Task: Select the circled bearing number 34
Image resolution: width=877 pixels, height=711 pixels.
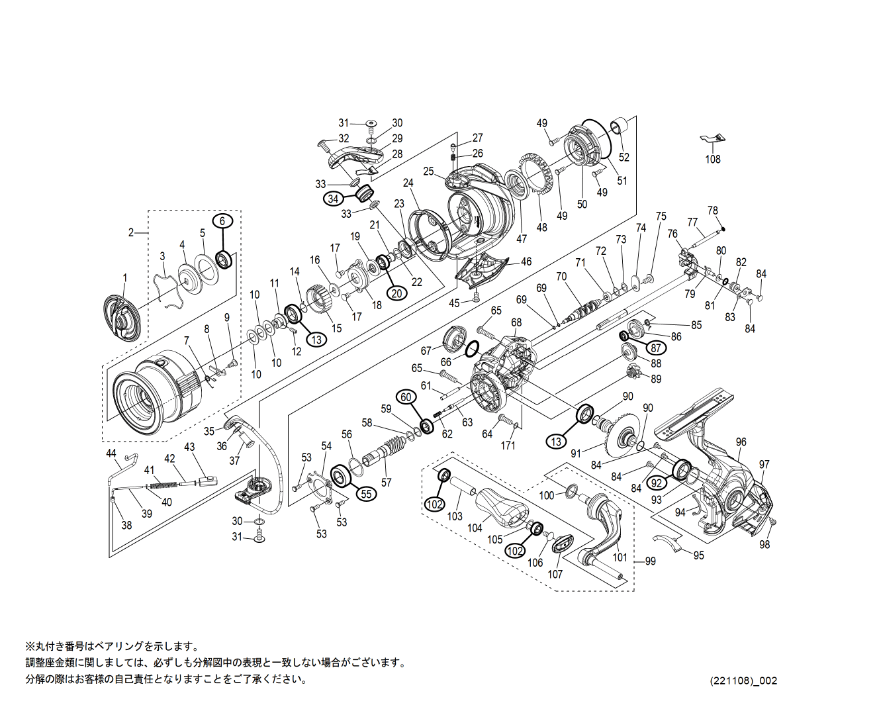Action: pyautogui.click(x=333, y=199)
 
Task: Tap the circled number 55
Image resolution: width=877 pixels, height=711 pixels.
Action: pyautogui.click(x=367, y=493)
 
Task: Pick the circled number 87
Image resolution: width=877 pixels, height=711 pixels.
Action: pyautogui.click(x=655, y=348)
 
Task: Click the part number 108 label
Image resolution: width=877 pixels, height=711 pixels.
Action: pyautogui.click(x=712, y=160)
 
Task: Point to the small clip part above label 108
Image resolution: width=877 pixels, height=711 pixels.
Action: pyautogui.click(x=713, y=138)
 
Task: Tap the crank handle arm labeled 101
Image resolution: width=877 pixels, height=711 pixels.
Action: pyautogui.click(x=603, y=530)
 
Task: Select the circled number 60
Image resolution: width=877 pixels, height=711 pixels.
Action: pyautogui.click(x=406, y=397)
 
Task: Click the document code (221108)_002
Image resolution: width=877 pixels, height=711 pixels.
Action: pyautogui.click(x=743, y=681)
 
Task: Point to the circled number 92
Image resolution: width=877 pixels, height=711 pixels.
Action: pyautogui.click(x=657, y=483)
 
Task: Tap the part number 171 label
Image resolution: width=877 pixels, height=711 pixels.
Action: pyautogui.click(x=508, y=446)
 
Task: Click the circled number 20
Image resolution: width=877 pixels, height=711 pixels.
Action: pyautogui.click(x=396, y=293)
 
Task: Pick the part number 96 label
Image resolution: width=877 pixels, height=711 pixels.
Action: pyautogui.click(x=741, y=442)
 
